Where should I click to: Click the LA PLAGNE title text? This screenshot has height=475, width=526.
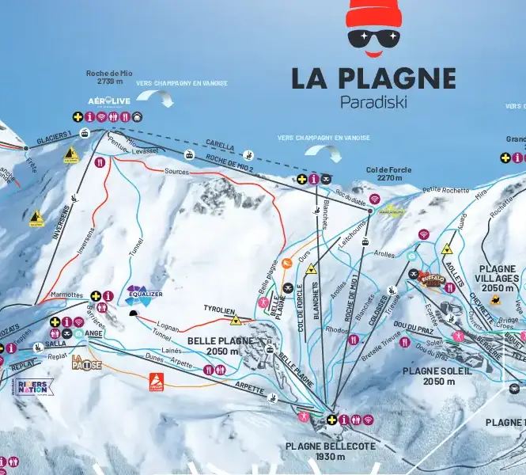click(373, 78)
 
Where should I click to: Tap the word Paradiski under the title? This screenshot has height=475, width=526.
click(373, 102)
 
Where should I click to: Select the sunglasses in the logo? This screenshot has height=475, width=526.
click(374, 37)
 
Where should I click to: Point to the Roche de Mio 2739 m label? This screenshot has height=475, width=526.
click(109, 77)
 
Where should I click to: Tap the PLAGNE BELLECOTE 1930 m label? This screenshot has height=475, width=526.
click(331, 451)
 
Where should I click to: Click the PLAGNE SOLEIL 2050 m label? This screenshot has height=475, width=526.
click(437, 375)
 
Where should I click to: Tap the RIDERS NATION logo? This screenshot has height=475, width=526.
click(32, 387)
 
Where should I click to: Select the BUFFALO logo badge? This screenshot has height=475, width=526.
click(432, 279)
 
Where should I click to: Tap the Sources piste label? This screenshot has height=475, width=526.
click(176, 171)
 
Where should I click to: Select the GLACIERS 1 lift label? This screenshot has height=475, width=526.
click(54, 134)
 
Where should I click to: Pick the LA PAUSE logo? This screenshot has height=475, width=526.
click(87, 363)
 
